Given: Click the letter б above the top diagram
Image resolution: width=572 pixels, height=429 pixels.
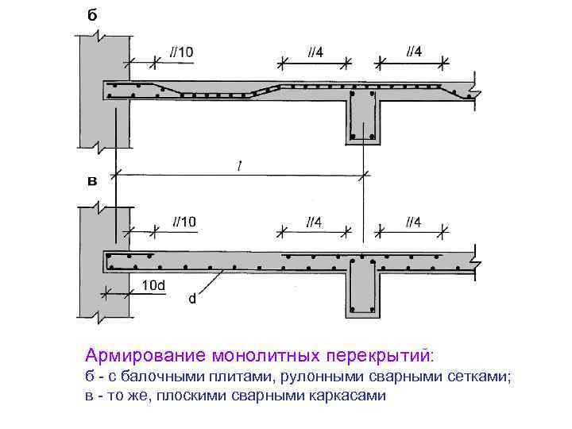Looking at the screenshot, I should click(94, 15).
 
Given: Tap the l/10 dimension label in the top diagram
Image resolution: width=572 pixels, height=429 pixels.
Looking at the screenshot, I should click(181, 52).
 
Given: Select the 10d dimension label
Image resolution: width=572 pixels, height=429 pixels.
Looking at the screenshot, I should click(153, 284).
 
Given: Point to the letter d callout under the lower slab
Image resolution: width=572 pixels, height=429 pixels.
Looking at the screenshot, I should click(192, 300).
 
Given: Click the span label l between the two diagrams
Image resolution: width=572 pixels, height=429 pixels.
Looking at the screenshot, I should click(238, 164).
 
